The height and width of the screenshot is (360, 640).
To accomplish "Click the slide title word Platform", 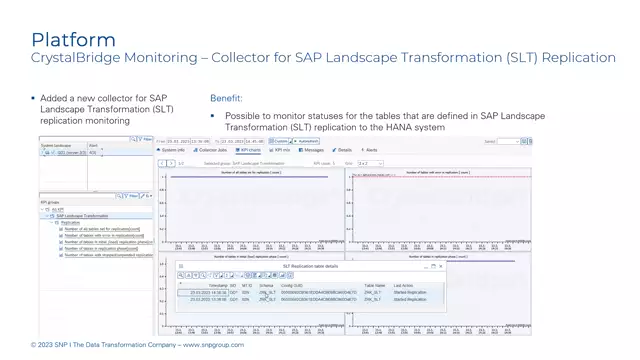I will (x=73, y=40).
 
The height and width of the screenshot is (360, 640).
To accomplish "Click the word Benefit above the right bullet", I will (x=225, y=99).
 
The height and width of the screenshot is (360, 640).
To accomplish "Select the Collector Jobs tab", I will (x=211, y=150).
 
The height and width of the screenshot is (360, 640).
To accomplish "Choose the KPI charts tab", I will (x=248, y=150).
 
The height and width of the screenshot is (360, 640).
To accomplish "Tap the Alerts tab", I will (x=370, y=150).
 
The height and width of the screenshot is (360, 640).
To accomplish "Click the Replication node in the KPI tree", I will (x=70, y=223).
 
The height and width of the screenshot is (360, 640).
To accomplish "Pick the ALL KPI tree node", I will (x=58, y=210).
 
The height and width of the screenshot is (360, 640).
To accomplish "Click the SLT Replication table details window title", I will (x=310, y=266).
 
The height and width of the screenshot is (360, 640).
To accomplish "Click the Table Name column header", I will (x=375, y=286).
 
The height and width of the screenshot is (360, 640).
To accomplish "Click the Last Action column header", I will (x=404, y=286).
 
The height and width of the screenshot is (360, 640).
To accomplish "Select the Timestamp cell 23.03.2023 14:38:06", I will (x=208, y=293).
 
